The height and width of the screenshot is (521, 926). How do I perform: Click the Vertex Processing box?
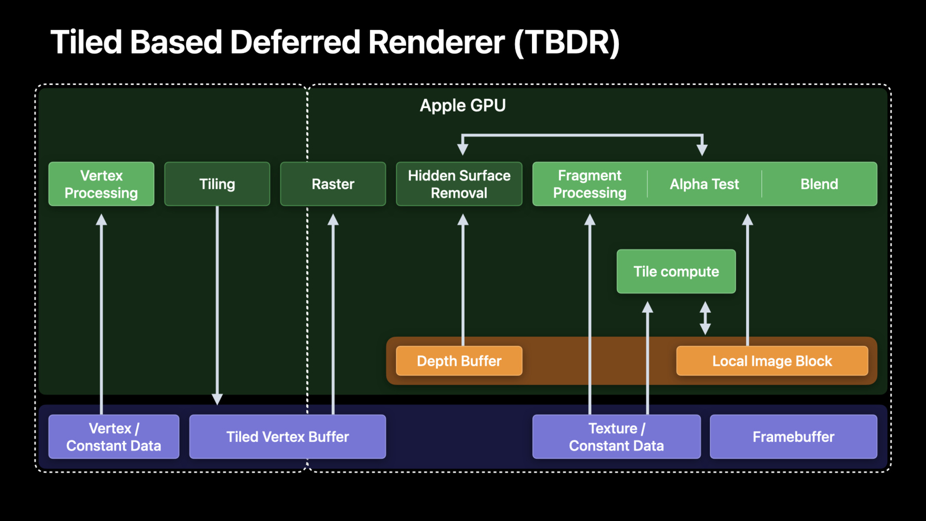click(x=101, y=184)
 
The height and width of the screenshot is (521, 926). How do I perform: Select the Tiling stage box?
click(x=217, y=184)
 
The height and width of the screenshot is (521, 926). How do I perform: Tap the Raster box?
click(x=333, y=184)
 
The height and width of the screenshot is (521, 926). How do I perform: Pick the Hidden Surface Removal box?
click(x=459, y=184)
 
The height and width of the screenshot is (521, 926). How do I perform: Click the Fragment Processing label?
click(x=590, y=184)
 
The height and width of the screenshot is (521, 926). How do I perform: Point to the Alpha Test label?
click(x=704, y=184)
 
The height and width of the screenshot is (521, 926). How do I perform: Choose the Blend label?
click(x=819, y=184)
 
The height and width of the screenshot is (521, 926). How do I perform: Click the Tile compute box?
click(x=676, y=271)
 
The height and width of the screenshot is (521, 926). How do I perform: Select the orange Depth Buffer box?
click(x=459, y=361)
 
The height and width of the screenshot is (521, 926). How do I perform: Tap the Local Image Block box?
click(x=772, y=361)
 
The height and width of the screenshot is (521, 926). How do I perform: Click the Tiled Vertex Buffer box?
click(x=288, y=437)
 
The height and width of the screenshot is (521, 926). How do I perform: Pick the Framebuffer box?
click(x=793, y=437)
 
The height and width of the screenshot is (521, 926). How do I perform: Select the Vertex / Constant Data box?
click(x=114, y=437)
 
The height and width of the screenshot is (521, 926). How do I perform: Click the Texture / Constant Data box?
click(x=616, y=437)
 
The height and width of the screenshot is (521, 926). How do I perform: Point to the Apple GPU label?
click(x=462, y=106)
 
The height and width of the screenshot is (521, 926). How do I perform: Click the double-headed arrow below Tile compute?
click(x=705, y=318)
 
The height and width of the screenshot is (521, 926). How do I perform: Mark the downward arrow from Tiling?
click(x=217, y=305)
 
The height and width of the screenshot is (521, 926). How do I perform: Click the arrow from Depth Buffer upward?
click(x=463, y=280)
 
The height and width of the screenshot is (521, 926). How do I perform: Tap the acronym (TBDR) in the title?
click(x=567, y=42)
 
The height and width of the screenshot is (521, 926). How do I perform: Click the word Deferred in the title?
click(x=295, y=42)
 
